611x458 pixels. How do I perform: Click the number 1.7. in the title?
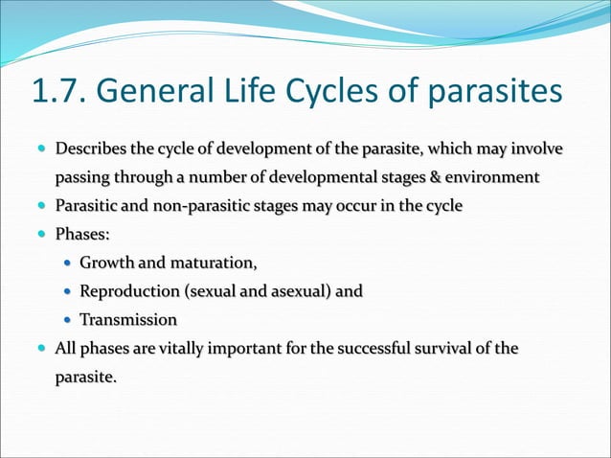(x=60, y=93)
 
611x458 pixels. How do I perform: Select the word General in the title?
(x=154, y=93)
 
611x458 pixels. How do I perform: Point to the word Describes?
(x=90, y=149)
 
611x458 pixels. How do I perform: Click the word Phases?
(x=81, y=234)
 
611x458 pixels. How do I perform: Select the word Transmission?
(x=128, y=319)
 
